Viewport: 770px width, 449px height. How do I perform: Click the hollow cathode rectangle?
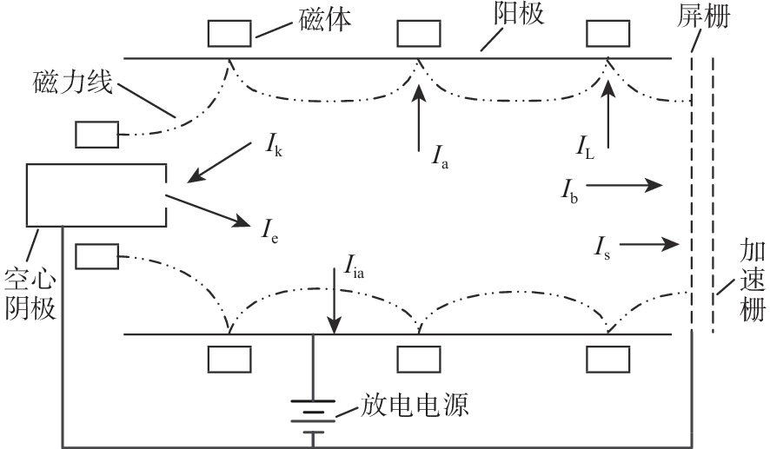pyautogui.click(x=96, y=193)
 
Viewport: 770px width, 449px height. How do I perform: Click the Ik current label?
pyautogui.click(x=272, y=148)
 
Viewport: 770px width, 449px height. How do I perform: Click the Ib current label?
pyautogui.click(x=570, y=188)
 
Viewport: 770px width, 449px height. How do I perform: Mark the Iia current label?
pyautogui.click(x=354, y=263)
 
